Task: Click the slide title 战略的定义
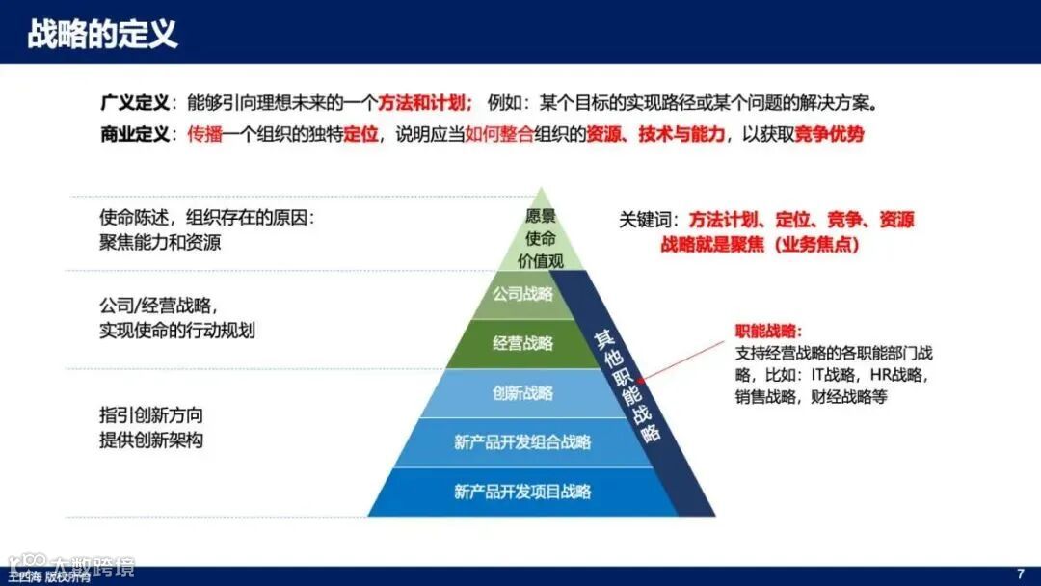coord(102,34)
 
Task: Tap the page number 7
coord(1021,573)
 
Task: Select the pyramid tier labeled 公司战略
coord(522,294)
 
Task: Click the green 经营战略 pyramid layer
coord(522,344)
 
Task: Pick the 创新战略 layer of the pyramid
coord(522,393)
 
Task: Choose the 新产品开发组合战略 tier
coord(522,442)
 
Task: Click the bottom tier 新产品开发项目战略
coord(522,492)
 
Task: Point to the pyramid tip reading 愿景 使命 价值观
coord(541,238)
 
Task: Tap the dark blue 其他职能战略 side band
coord(628,386)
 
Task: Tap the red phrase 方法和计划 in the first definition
coord(423,103)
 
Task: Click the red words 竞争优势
coord(829,134)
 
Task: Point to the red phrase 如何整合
coord(499,134)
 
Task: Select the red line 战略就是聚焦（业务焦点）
coord(760,245)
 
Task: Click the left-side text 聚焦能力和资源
coord(160,242)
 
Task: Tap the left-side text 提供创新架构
coord(151,439)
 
